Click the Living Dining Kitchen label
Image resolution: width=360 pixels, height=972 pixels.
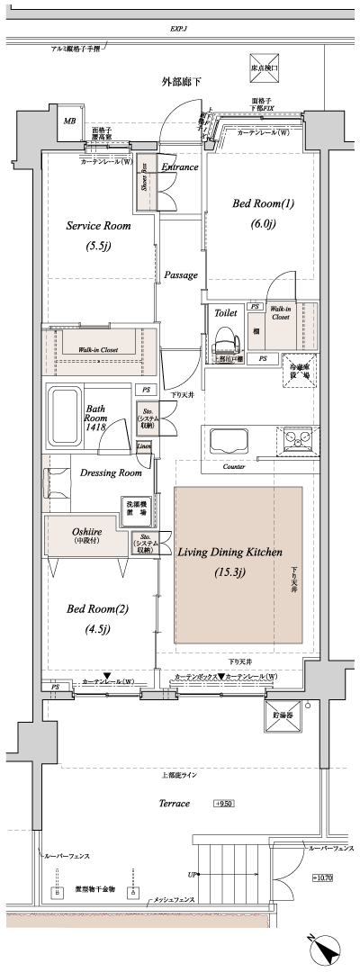(x=229, y=552)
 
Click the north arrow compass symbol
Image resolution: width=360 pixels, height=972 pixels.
(x=325, y=949)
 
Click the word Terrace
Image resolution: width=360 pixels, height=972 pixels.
(x=171, y=803)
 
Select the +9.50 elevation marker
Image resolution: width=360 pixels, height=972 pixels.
(x=225, y=803)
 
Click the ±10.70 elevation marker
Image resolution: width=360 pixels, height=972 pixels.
(x=322, y=877)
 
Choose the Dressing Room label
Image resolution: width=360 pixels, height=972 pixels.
(x=111, y=472)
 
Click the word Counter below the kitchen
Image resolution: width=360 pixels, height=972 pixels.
(x=234, y=468)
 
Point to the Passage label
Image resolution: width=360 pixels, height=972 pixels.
(x=181, y=275)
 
